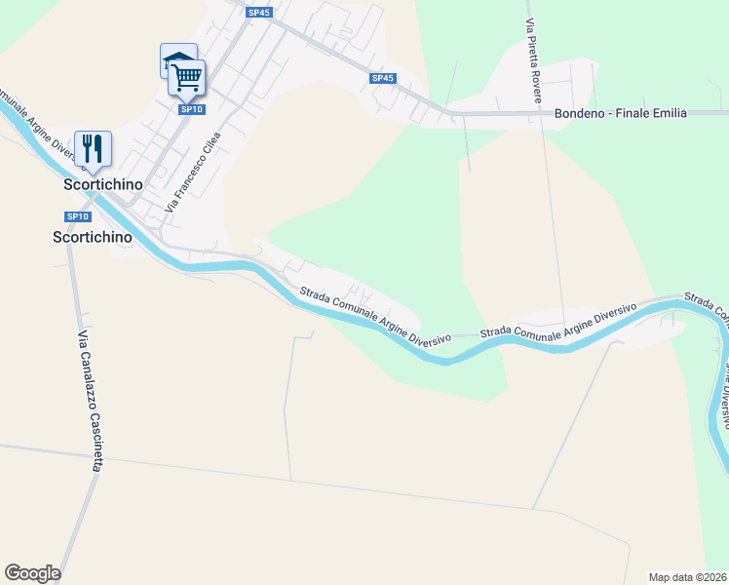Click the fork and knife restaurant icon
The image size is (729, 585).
click(x=93, y=148)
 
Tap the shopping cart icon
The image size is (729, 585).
click(x=186, y=76)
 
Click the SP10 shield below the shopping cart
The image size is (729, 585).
click(x=191, y=109)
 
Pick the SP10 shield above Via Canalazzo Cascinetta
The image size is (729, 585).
click(x=78, y=216)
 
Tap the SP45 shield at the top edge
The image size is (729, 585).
click(x=258, y=13)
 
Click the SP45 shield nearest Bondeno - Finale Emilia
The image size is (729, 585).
click(x=383, y=78)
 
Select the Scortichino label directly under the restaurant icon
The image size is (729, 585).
click(x=102, y=183)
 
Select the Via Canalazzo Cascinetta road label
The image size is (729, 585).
click(x=89, y=401)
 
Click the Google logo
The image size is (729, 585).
click(x=32, y=573)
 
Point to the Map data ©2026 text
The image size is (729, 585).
click(x=687, y=577)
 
